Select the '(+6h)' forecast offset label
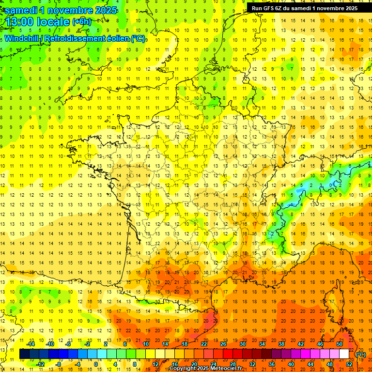[81, 21]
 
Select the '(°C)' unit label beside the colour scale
[361, 355]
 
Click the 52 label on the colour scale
[349, 364]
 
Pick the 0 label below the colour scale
[95, 364]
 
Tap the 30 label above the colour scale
[242, 343]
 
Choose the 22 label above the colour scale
[203, 343]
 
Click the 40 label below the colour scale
[291, 364]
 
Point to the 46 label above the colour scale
[320, 343]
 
